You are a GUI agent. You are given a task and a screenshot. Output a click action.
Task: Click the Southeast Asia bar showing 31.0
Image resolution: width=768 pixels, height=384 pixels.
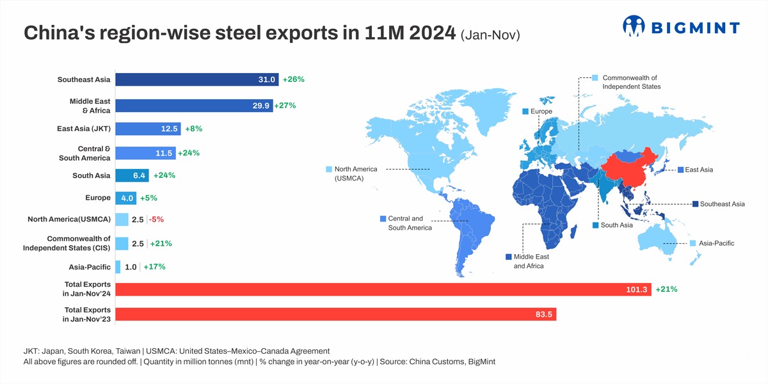(196, 79)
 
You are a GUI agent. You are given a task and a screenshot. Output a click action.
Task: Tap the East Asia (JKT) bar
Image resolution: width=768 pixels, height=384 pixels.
(148, 129)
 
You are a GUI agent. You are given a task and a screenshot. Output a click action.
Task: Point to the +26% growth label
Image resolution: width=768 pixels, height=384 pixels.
(293, 79)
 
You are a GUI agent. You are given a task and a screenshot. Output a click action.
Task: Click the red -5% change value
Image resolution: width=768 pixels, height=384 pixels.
(156, 220)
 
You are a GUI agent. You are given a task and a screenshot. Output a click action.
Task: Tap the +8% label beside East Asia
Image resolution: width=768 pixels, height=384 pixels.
(193, 129)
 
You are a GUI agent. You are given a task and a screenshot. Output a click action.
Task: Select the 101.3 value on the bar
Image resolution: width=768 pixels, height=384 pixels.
(637, 290)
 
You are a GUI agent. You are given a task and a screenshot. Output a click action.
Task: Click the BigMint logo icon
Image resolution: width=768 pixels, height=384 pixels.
(634, 26)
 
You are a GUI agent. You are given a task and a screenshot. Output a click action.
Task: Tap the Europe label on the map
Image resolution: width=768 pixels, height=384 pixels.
(541, 112)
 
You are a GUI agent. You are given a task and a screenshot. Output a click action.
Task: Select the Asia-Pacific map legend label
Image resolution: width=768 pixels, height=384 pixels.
(716, 243)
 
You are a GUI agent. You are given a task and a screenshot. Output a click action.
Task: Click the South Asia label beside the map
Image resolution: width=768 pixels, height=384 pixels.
(616, 225)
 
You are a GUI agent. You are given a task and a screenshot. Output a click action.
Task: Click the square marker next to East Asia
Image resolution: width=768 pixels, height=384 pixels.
(680, 170)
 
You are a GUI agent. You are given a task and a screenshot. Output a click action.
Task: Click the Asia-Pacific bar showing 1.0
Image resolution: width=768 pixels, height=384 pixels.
(118, 267)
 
